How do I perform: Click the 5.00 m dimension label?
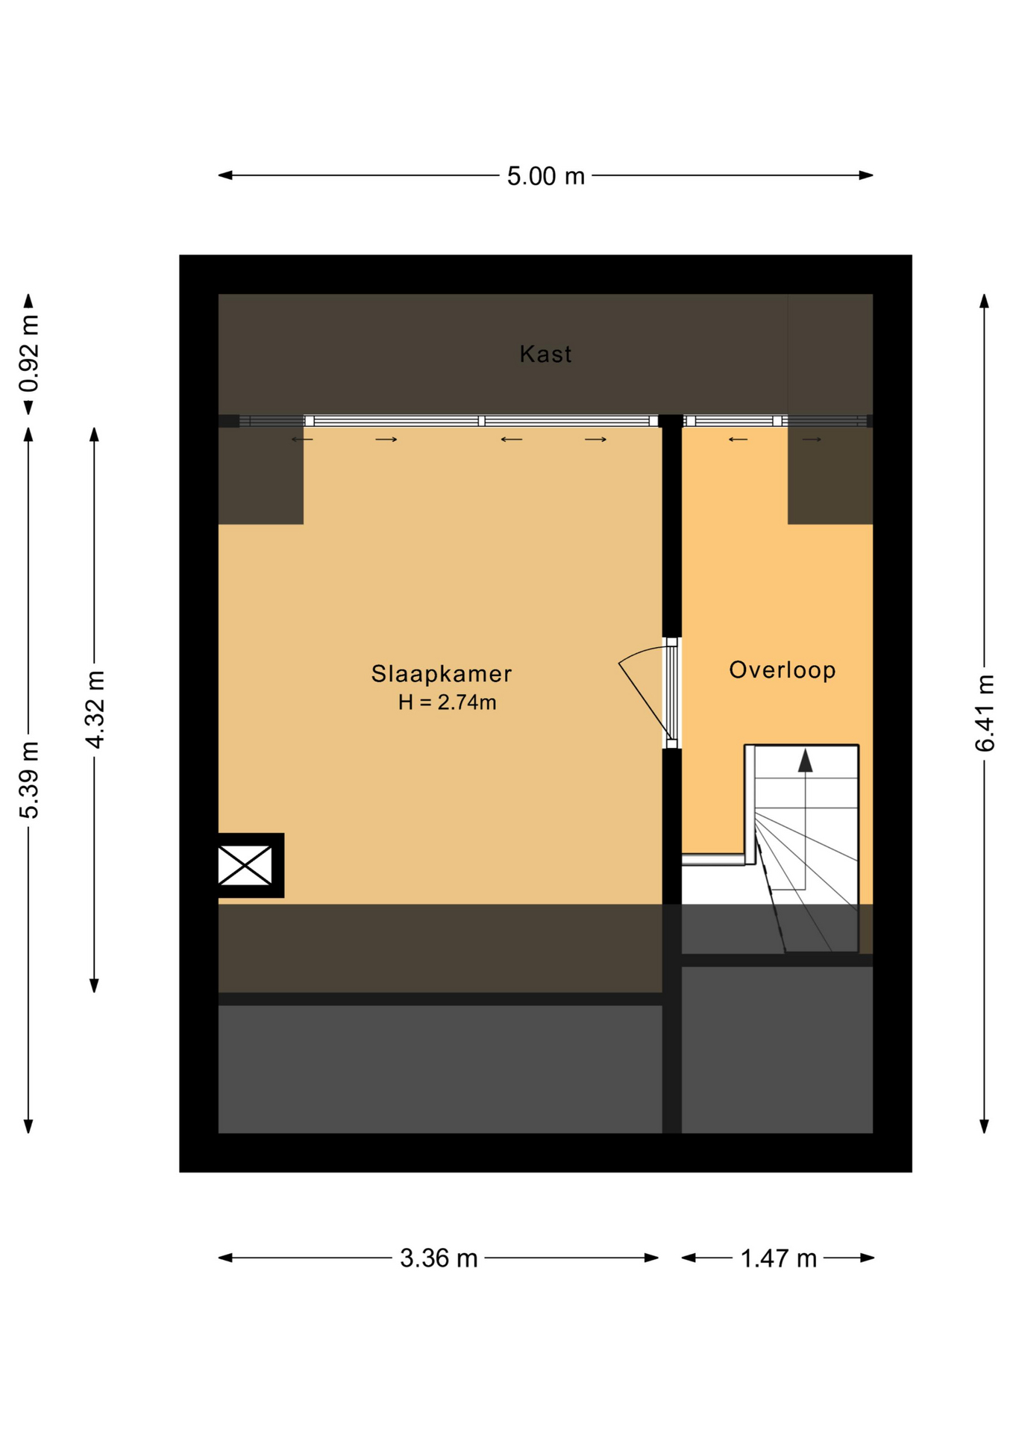545,176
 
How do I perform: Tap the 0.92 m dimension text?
29,354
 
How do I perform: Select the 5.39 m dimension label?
29,780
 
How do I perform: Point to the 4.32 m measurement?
95,709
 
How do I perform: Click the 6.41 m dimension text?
985,713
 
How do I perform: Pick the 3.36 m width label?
439,1258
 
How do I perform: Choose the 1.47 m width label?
778,1259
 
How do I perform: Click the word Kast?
545,354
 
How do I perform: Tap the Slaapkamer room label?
442,674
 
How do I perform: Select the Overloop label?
782,670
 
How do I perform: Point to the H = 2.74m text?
447,702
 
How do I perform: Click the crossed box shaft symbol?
245,865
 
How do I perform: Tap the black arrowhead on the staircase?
805,761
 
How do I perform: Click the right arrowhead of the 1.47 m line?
867,1258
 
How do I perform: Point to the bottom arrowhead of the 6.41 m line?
984,1126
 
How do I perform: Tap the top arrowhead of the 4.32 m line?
94,434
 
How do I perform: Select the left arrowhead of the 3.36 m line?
225,1258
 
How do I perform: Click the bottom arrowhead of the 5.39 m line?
28,1126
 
